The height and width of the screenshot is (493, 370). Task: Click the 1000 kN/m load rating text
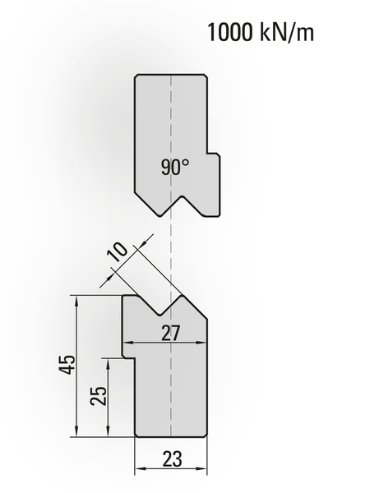point(261,32)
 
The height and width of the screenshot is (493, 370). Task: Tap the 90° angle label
point(175,167)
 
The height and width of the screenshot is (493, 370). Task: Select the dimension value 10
point(118,252)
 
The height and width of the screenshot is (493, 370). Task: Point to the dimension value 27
point(171,333)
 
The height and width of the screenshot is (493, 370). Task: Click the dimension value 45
point(67,364)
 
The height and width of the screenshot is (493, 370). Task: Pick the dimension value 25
point(99,395)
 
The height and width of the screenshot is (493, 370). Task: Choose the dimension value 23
point(173,458)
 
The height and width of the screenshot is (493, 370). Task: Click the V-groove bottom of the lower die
point(160,315)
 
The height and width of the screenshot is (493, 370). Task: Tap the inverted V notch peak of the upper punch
point(183,197)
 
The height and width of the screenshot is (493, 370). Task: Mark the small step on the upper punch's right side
point(213,154)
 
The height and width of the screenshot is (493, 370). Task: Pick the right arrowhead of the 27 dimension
point(202,343)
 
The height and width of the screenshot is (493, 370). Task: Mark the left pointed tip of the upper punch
point(160,215)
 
